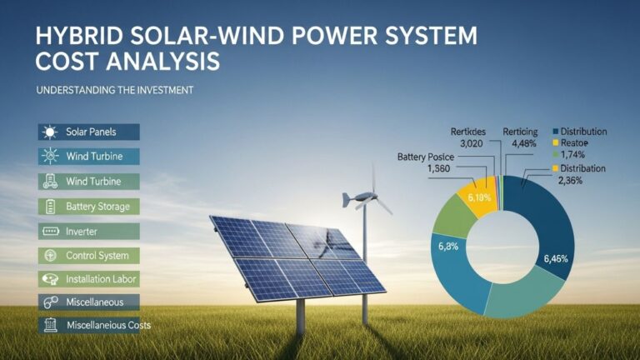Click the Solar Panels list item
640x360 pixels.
coord(92,132)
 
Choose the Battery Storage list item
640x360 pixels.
coord(97,206)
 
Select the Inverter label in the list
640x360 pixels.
coord(82,231)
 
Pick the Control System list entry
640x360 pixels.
coord(97,255)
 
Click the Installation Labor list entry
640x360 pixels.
coord(101,279)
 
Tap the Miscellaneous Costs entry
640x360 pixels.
coord(108,325)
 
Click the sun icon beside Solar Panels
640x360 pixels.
coord(49,132)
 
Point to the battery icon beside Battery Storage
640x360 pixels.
coord(49,206)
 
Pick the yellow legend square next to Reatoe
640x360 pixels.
coord(555,143)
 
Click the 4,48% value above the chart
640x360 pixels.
coord(521,142)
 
